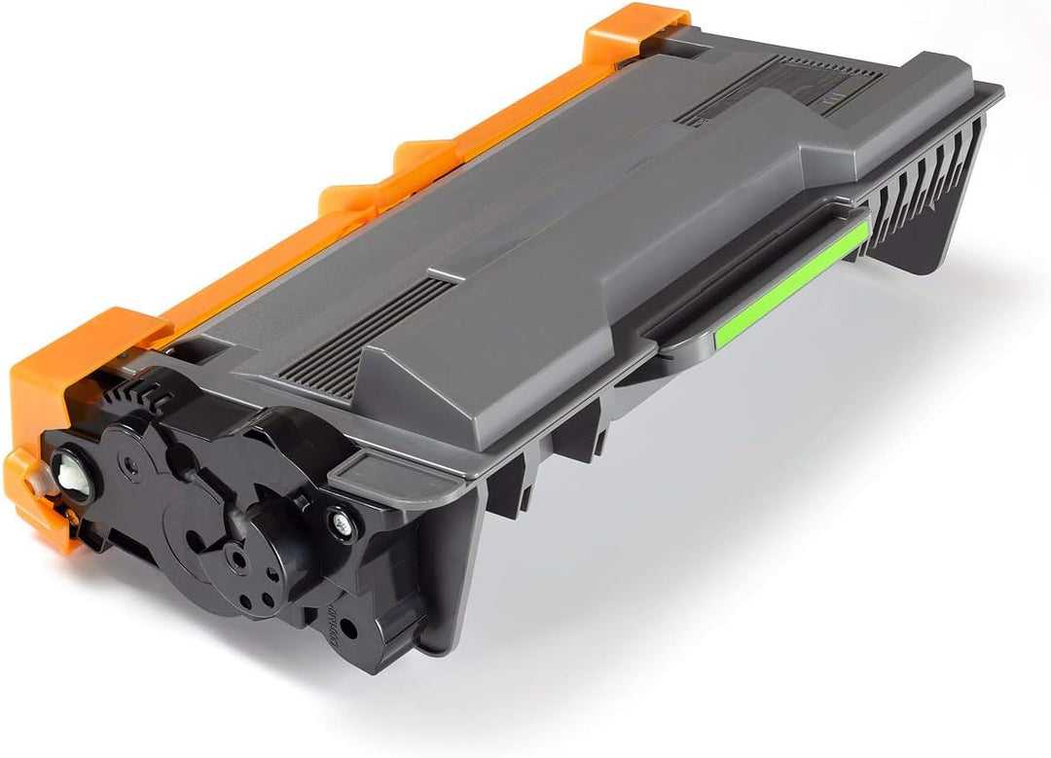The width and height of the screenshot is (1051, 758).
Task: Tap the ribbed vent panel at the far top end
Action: [779, 83]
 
